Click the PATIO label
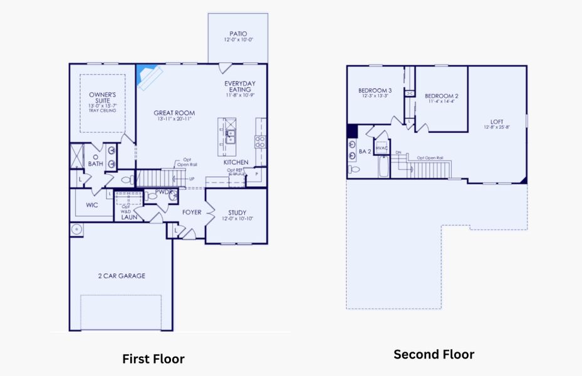point(237,34)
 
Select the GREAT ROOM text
point(174,113)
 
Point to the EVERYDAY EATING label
point(240,86)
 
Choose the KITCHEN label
point(236,162)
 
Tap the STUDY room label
point(237,212)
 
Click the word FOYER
point(192,212)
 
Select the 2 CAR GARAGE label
point(122,276)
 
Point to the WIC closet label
point(91,204)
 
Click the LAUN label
point(130,217)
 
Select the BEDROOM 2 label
point(442,96)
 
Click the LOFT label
point(497,122)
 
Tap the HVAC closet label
point(382,149)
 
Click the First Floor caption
point(153,359)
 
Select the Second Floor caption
point(434,355)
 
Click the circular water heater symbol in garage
point(77,229)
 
